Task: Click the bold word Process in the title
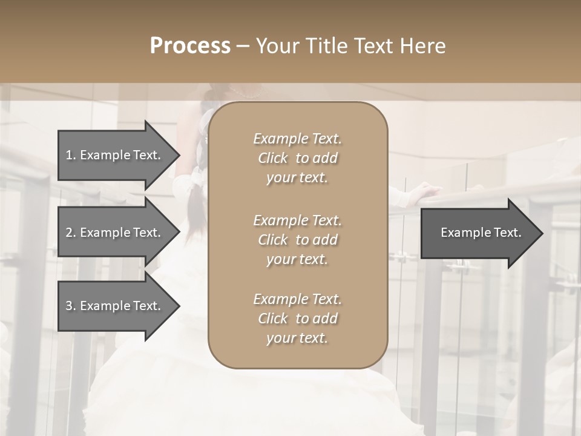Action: pyautogui.click(x=190, y=46)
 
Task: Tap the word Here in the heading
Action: pyautogui.click(x=423, y=46)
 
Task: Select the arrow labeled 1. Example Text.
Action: pyautogui.click(x=115, y=155)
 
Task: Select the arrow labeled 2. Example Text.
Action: pyautogui.click(x=115, y=233)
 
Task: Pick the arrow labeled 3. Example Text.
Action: pyautogui.click(x=115, y=306)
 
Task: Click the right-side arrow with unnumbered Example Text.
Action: pyautogui.click(x=478, y=233)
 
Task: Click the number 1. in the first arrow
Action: pyautogui.click(x=71, y=155)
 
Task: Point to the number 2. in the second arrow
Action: pyautogui.click(x=71, y=233)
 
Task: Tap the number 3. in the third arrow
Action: pyautogui.click(x=71, y=306)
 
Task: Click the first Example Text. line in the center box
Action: pyautogui.click(x=297, y=139)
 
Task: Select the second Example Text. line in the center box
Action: pyautogui.click(x=297, y=220)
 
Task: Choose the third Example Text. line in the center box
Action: pyautogui.click(x=297, y=299)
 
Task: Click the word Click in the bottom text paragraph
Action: pyautogui.click(x=272, y=319)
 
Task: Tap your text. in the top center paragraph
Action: pyautogui.click(x=297, y=178)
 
